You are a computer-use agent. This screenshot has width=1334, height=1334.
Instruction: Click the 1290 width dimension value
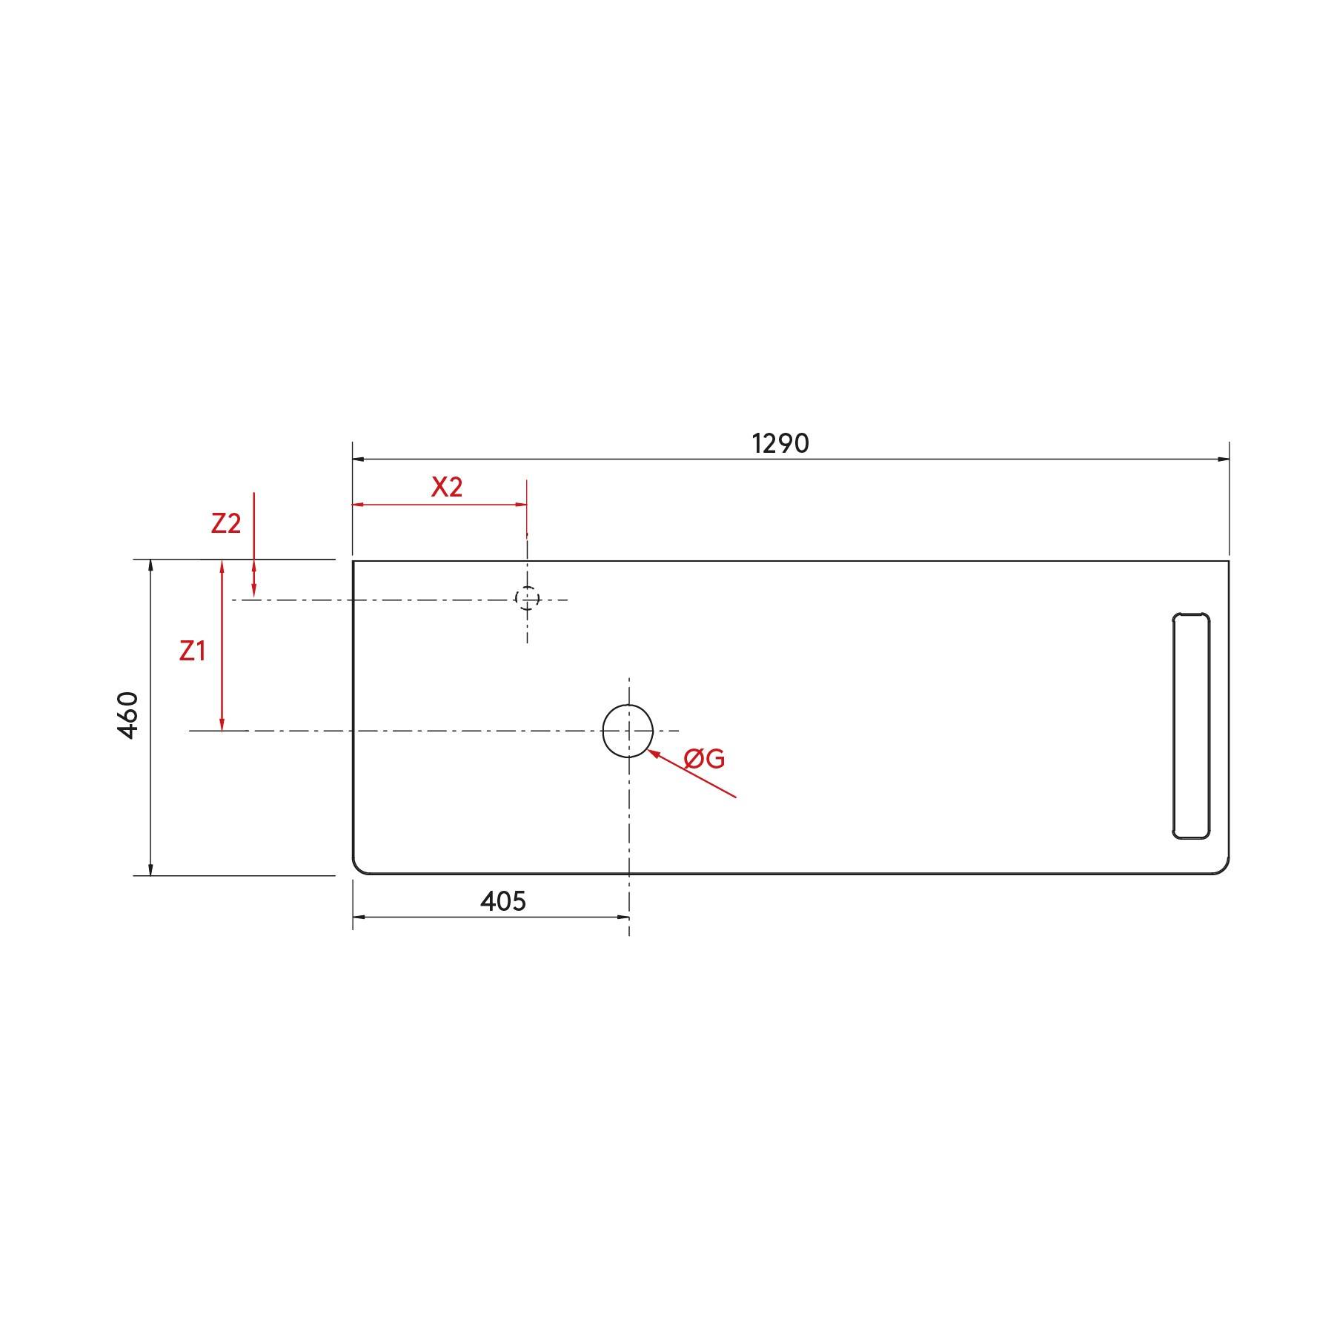pos(780,443)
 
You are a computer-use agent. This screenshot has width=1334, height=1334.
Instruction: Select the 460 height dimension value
pos(127,714)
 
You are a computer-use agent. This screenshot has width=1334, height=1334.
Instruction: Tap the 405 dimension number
pos(503,901)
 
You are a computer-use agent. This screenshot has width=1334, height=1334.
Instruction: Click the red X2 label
pos(447,487)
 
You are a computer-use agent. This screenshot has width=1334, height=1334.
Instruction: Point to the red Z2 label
pos(226,523)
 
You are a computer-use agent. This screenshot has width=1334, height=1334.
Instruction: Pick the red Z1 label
pos(193,651)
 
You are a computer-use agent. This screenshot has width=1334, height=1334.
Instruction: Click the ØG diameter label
pos(705,758)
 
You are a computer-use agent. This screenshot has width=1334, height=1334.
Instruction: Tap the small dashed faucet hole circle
pos(527,598)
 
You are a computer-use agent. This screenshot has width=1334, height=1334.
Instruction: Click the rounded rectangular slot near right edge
pos(1191,726)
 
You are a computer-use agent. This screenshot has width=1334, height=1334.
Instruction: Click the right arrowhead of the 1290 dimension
pos(1223,459)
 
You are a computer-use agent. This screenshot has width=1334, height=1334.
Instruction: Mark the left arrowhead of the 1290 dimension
pos(359,459)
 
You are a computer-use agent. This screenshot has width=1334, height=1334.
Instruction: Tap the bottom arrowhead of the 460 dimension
pos(150,869)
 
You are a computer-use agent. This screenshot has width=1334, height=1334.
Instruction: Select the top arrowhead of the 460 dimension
pos(150,566)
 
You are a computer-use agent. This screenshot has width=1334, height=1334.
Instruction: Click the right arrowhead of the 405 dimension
pos(623,917)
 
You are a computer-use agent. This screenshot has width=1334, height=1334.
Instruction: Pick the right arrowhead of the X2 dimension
pos(521,505)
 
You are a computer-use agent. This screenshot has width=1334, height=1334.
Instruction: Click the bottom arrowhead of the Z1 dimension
pos(222,725)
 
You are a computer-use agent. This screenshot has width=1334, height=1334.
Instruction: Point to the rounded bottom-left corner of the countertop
pos(358,869)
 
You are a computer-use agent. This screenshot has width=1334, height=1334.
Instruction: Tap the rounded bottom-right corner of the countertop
pos(1224,869)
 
